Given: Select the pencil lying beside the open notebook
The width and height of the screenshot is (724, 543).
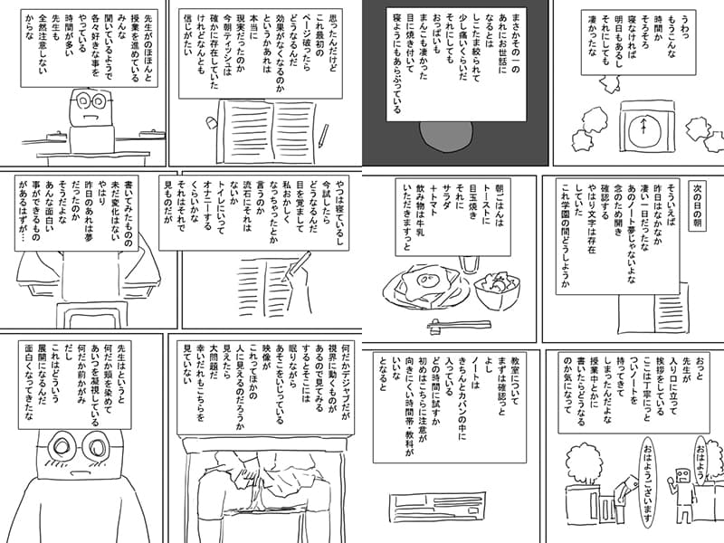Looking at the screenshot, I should click(x=322, y=136).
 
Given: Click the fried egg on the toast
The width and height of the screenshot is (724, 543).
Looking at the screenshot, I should click(x=424, y=281).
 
